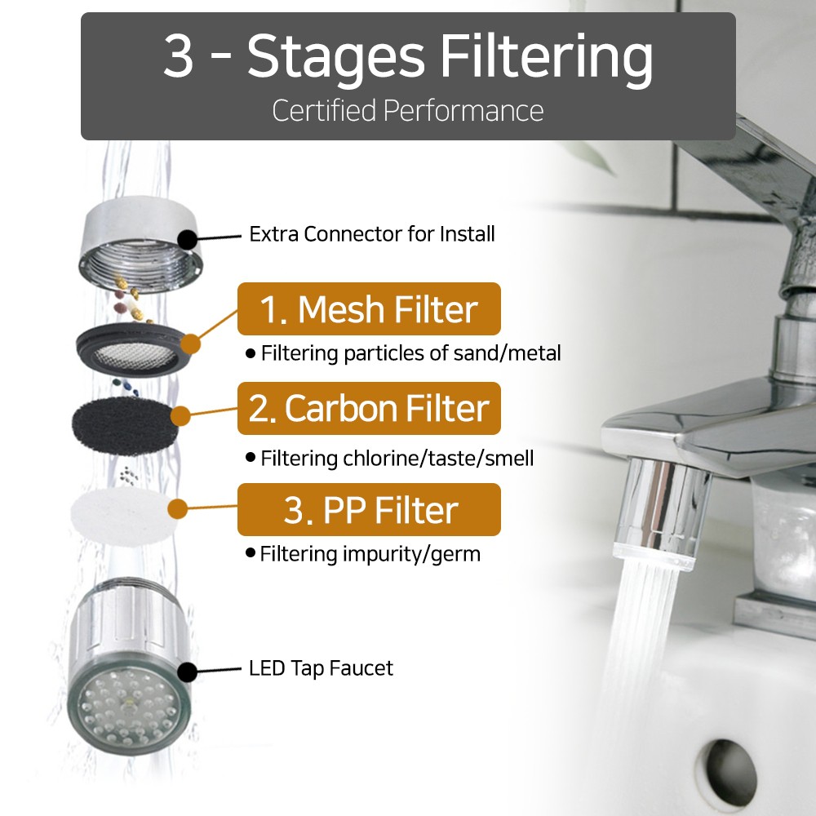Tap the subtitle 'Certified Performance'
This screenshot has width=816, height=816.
408,110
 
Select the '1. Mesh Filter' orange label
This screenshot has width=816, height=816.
369,309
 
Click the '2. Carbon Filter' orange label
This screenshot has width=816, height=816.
369,409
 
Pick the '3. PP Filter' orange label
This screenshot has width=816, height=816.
369,509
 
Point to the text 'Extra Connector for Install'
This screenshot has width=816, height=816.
372,234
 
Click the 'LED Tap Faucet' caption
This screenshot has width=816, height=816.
321,668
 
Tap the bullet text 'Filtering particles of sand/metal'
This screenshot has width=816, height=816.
411,353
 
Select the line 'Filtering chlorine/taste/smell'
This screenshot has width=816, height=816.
397,459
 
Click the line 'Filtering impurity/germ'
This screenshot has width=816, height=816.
370,554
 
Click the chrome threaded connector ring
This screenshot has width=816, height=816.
140,245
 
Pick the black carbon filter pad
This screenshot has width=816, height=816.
125,427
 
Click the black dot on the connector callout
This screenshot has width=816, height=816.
188,240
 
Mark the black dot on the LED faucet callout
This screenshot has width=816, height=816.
188,672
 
